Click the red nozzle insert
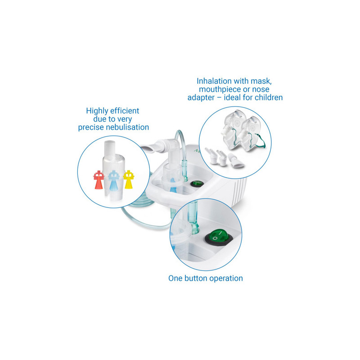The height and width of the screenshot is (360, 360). [x=99, y=180]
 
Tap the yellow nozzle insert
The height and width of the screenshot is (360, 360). [x=129, y=179]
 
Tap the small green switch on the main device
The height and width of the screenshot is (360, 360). [x=197, y=184]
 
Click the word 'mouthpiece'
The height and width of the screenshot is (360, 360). [x=219, y=89]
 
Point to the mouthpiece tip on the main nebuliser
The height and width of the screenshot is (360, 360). [x=148, y=148]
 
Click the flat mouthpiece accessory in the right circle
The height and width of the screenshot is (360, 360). [x=236, y=161]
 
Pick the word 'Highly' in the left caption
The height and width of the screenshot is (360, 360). [x=97, y=111]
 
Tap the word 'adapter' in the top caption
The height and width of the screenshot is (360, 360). [x=201, y=98]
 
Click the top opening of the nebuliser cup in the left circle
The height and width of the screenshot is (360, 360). [x=110, y=142]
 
